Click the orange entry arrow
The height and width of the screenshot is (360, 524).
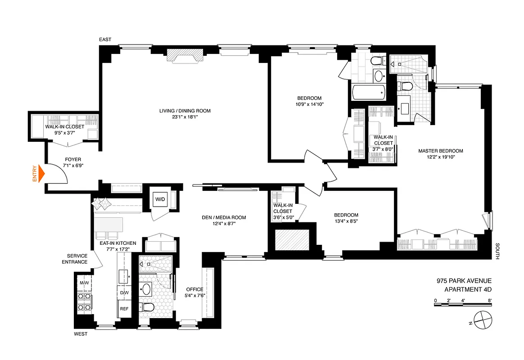40,174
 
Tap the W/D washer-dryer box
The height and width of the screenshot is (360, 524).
160,199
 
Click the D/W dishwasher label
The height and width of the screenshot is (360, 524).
124,293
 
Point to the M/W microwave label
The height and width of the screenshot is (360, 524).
84,283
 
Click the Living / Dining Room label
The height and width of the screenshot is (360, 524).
185,111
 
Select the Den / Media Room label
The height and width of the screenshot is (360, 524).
224,218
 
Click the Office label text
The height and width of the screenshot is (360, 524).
194,289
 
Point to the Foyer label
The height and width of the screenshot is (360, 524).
73,159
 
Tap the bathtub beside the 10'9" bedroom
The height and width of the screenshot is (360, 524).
368,93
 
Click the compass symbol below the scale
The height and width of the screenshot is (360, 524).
481,320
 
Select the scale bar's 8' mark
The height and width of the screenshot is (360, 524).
489,300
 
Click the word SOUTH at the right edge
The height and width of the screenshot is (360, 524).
497,252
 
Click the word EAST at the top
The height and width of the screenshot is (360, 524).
105,40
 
